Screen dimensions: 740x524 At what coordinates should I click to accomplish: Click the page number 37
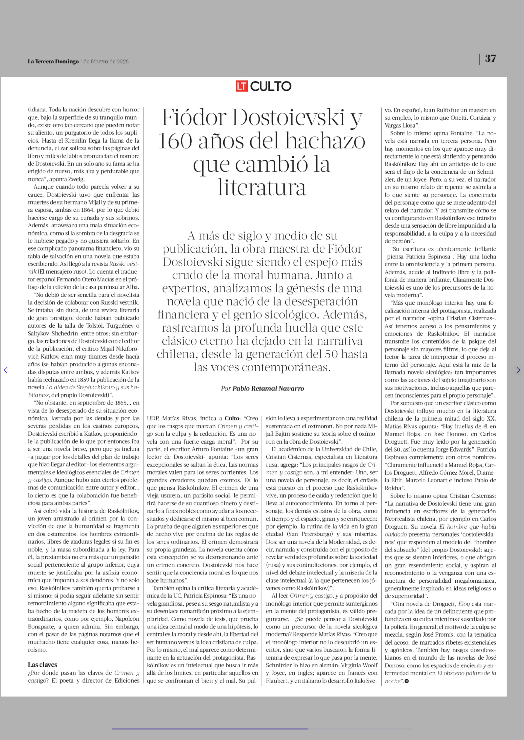point(490,59)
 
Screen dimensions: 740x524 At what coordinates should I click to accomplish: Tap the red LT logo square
point(241,86)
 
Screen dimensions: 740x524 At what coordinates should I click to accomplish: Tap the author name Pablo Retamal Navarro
point(268,388)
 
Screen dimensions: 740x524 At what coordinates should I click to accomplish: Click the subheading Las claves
point(42,665)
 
